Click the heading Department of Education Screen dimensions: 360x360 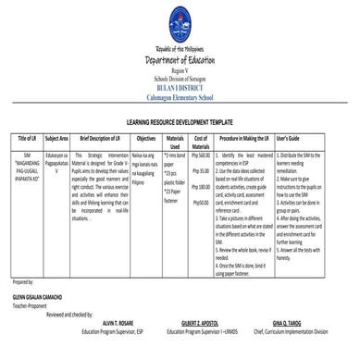[x=179, y=58]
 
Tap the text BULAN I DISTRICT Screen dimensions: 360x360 [x=179, y=76]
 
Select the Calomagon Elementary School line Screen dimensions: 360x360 [x=179, y=85]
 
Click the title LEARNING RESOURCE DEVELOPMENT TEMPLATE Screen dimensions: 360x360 [x=180, y=122]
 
